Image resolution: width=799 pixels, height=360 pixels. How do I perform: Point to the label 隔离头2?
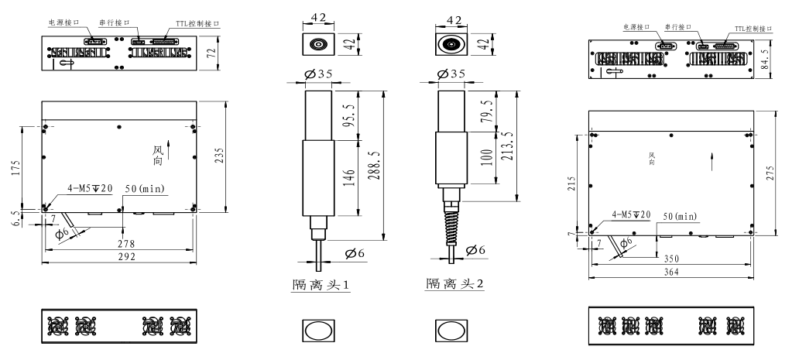(455, 284)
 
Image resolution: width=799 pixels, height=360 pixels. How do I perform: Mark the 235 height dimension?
(230, 155)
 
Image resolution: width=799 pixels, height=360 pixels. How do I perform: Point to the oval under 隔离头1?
(317, 329)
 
